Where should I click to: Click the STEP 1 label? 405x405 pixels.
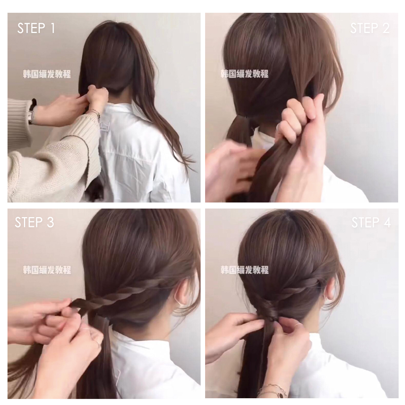[x=36, y=28]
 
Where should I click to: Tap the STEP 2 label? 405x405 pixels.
[x=370, y=28]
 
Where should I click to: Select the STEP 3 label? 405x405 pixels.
[x=34, y=222]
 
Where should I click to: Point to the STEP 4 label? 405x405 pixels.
[x=371, y=222]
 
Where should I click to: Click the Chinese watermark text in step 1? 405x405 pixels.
[x=47, y=74]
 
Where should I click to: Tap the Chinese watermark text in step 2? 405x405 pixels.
[x=244, y=74]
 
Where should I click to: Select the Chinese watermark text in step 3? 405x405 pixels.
[x=47, y=270]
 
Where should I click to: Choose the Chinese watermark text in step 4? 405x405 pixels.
[x=244, y=270]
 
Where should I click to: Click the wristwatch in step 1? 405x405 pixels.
[x=32, y=112]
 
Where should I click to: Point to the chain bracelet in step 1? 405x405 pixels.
[x=94, y=113]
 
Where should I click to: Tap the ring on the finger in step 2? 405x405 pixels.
[x=278, y=127]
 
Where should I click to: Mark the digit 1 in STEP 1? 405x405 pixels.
[x=53, y=28]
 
